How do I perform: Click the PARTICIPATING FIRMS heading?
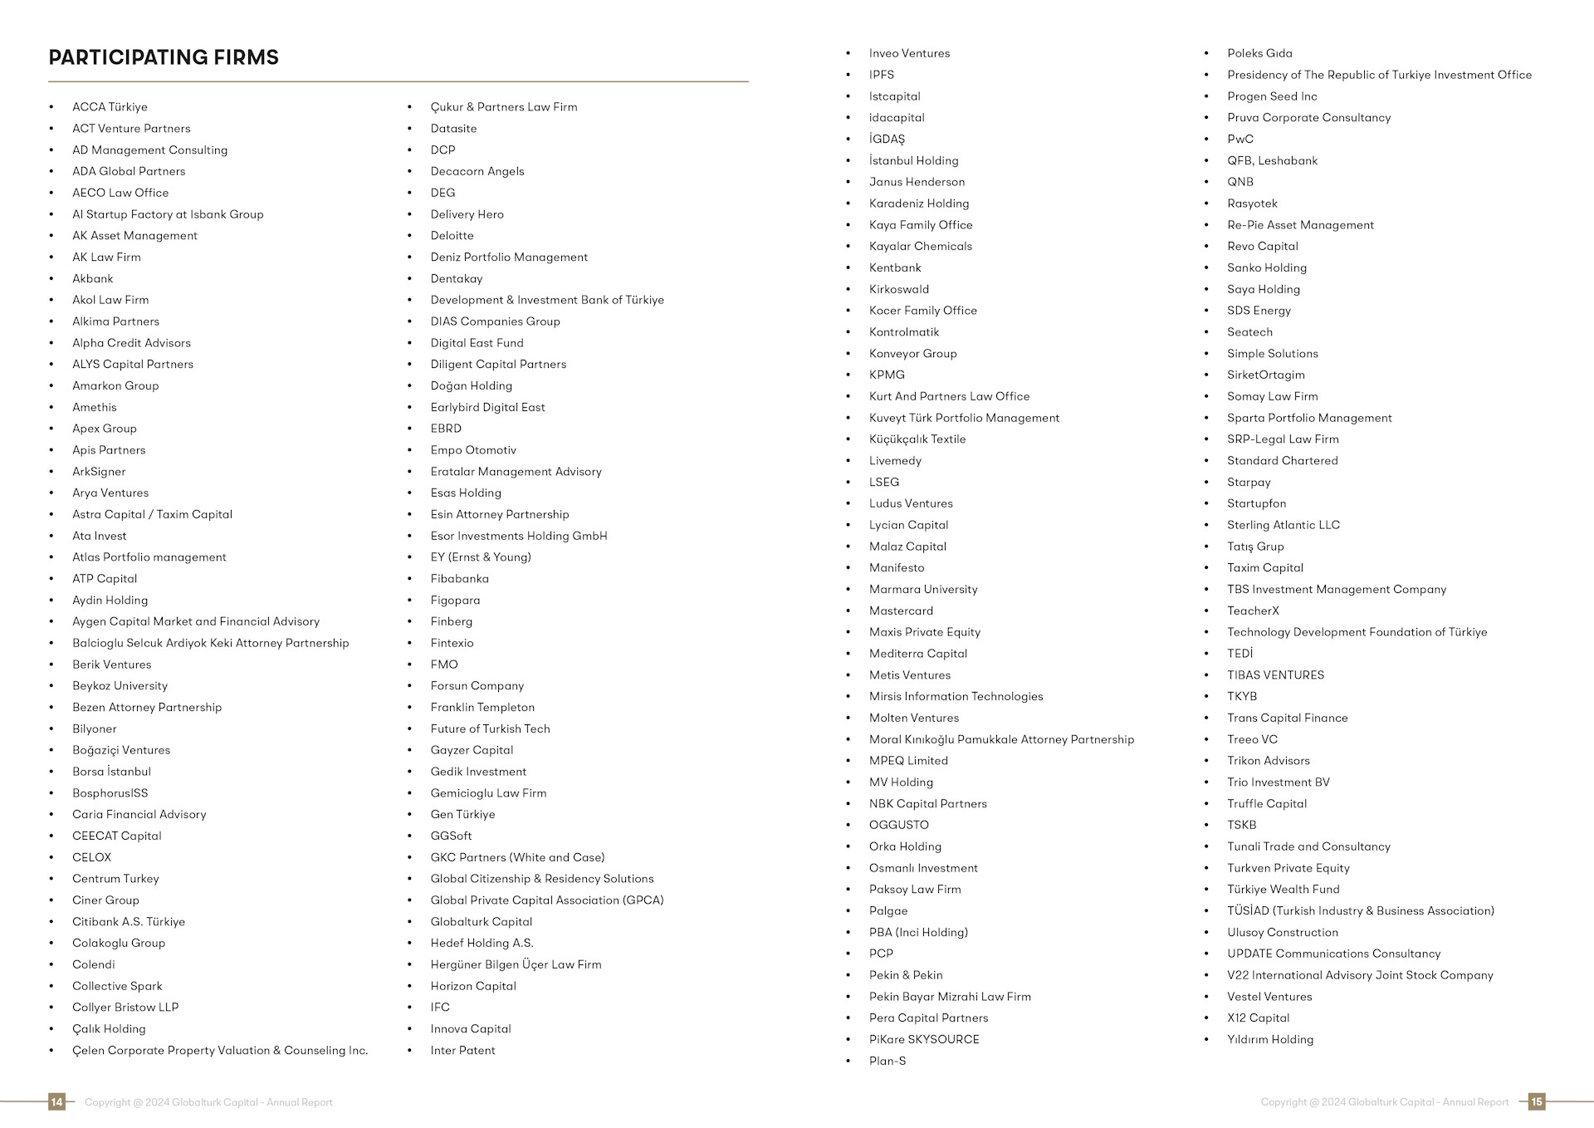[164, 57]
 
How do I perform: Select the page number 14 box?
[56, 1102]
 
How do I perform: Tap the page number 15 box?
[1537, 1102]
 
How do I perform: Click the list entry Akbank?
[92, 279]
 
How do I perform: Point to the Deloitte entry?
[452, 236]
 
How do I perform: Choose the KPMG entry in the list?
[887, 375]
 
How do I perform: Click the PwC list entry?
[1240, 140]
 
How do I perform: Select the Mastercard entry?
[901, 611]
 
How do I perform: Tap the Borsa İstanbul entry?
[111, 772]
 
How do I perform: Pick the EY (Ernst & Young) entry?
[481, 557]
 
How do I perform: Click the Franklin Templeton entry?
[482, 708]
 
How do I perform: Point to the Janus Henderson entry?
[917, 182]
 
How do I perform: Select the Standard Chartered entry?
[1282, 461]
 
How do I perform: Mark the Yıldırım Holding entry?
[1270, 1040]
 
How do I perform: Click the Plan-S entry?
[887, 1062]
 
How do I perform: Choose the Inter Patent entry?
[462, 1051]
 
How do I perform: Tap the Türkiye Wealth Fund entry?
[1283, 890]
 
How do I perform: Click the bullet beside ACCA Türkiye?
[51, 107]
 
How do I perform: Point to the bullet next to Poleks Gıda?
[1206, 53]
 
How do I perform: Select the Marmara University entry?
[923, 590]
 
